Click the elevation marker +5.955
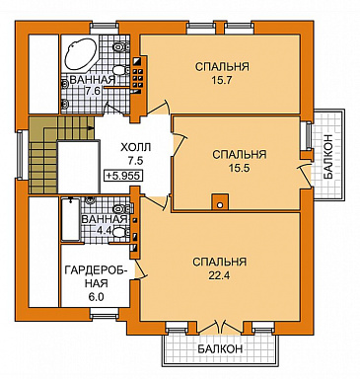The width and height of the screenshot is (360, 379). click(123, 176)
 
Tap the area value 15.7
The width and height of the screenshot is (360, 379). click(222, 80)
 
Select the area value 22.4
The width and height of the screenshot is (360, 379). click(219, 275)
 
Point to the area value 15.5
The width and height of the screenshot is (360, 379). click(240, 168)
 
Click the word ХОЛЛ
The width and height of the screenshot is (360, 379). click(136, 147)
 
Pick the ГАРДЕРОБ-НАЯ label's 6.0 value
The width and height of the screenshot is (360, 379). click(97, 297)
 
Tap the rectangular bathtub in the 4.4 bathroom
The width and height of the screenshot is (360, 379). click(71, 219)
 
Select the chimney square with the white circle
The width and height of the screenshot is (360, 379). click(220, 201)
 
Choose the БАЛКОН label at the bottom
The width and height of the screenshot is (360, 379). click(220, 348)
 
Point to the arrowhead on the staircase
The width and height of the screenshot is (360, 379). click(91, 126)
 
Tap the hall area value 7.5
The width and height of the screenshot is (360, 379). click(135, 161)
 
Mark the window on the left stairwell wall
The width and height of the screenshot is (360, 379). click(21, 154)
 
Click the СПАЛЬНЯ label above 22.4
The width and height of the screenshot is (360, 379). click(219, 262)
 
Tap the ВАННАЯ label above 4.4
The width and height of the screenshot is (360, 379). click(105, 219)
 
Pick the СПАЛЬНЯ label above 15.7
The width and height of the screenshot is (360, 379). click(222, 67)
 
